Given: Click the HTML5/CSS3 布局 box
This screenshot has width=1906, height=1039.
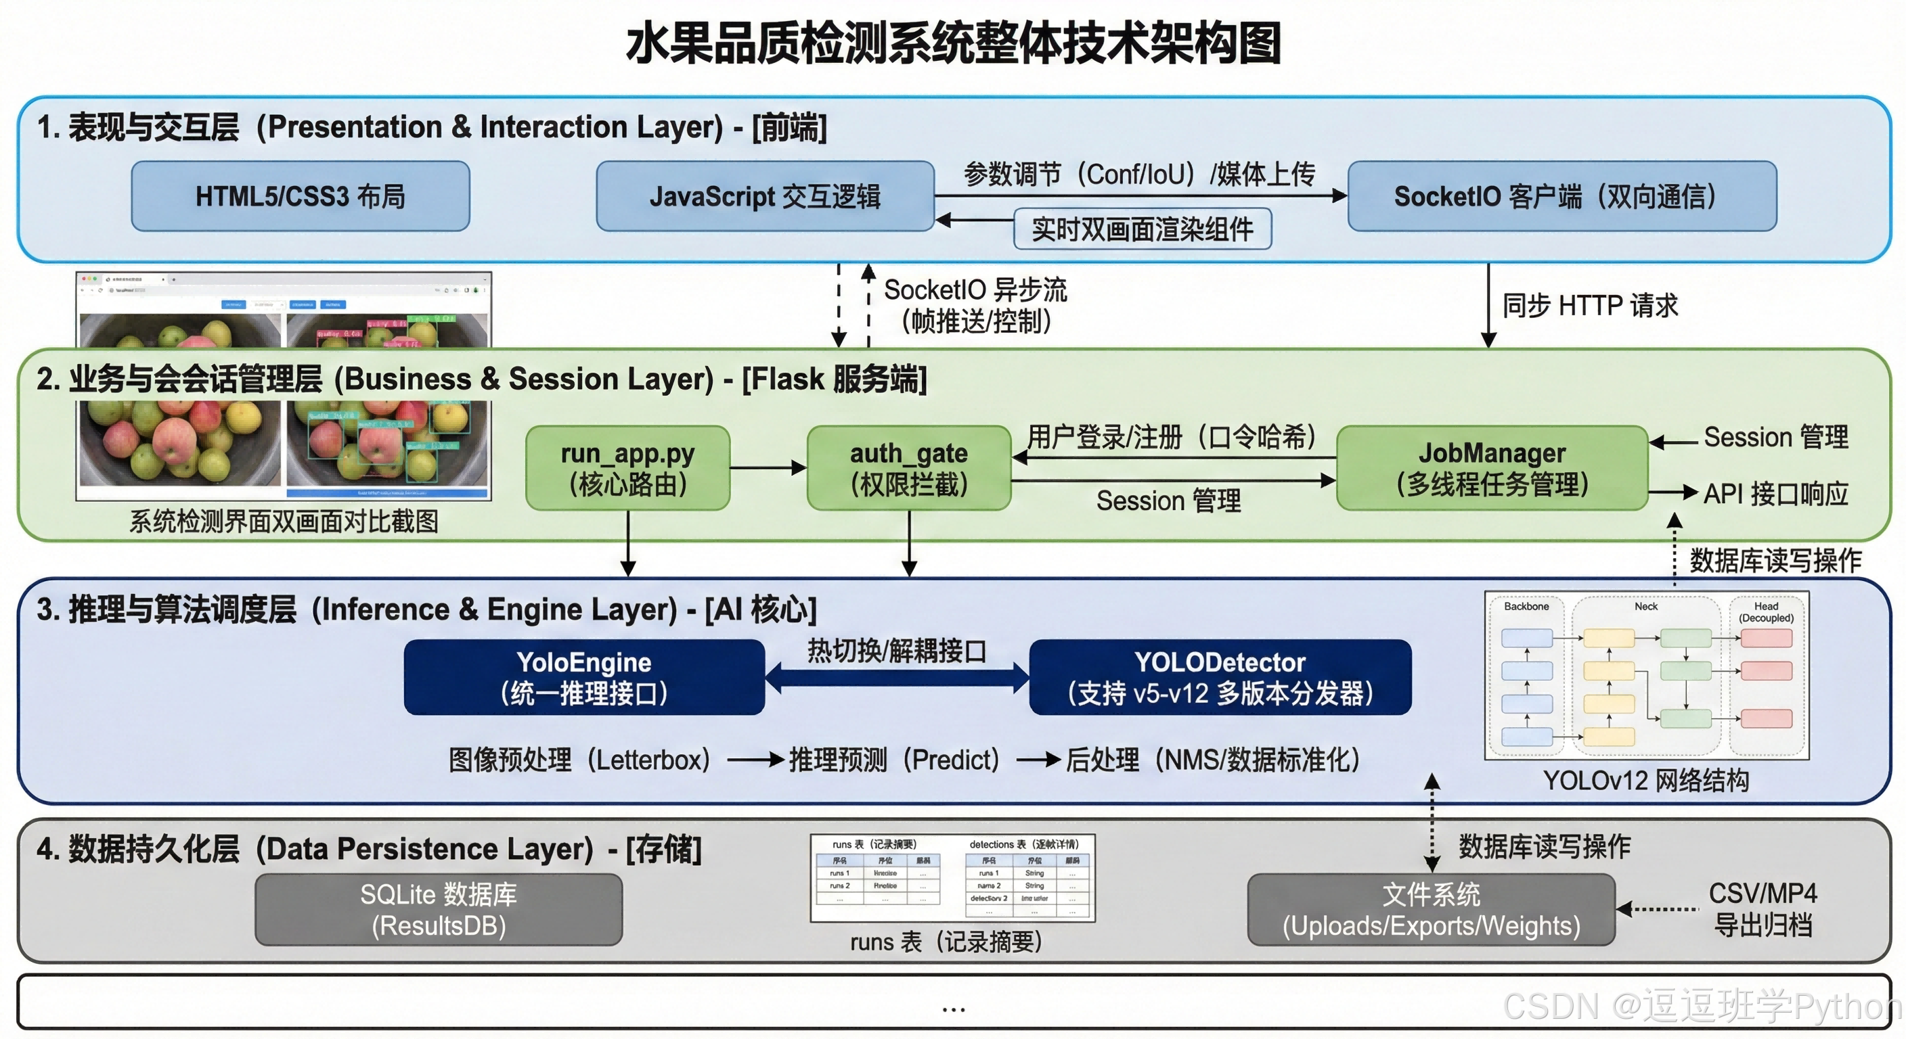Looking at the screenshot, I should [301, 196].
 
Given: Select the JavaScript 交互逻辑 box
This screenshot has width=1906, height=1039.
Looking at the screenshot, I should [764, 196].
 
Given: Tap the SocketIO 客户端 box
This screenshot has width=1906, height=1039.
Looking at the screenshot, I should [1561, 196].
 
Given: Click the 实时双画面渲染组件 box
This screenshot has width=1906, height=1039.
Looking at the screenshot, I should [1142, 229].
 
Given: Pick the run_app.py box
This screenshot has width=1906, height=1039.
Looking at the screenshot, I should [627, 468].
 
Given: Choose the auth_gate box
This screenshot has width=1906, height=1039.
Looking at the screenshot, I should [908, 468].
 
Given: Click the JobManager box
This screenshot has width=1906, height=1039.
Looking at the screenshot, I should [1492, 468].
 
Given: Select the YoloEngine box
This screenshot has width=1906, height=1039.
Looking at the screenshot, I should [584, 677].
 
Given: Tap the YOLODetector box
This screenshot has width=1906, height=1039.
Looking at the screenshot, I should [1220, 677].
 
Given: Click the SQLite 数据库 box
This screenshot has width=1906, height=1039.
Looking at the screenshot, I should [438, 910].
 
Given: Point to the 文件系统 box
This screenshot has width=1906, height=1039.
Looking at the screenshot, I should [1430, 910].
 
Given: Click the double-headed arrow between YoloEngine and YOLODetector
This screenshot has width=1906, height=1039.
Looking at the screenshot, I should [897, 677].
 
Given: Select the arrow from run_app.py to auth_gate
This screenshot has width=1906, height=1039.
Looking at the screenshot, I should [768, 467].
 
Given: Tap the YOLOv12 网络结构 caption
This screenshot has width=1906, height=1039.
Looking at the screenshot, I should [1645, 780].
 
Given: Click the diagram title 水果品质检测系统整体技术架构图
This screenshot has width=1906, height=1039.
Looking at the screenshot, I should [953, 43].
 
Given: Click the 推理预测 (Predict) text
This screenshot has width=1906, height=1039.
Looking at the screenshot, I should [894, 760].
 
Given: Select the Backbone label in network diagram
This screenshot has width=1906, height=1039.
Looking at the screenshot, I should [1526, 606].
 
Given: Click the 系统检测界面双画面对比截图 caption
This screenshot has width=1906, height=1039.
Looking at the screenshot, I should [284, 522].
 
